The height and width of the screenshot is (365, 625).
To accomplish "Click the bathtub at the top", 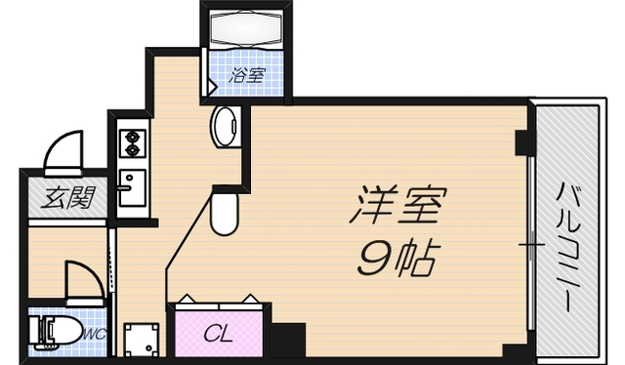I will pyautogui.click(x=244, y=29).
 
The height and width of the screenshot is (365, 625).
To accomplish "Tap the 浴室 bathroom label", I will pyautogui.click(x=246, y=74).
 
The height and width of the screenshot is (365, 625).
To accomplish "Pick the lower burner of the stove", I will pyautogui.click(x=130, y=151).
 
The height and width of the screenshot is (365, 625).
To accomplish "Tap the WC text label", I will pyautogui.click(x=94, y=334).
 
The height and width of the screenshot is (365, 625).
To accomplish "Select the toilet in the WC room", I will pyautogui.click(x=56, y=332).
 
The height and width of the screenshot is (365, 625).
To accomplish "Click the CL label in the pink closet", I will pyautogui.click(x=218, y=334).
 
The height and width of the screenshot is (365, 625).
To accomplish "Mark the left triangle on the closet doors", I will pyautogui.click(x=186, y=297).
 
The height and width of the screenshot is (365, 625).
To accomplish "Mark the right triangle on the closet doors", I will pyautogui.click(x=252, y=297).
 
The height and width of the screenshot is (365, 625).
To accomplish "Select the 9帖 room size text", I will pyautogui.click(x=396, y=256).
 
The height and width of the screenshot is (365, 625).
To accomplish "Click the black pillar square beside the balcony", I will pyautogui.click(x=523, y=143).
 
